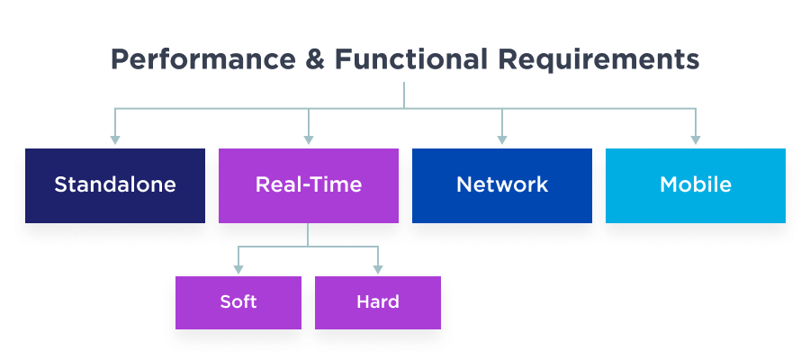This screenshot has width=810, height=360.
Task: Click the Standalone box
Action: pyautogui.click(x=115, y=185)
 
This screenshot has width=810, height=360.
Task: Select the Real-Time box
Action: pyautogui.click(x=309, y=185)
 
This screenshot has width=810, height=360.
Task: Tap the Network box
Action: pyautogui.click(x=502, y=185)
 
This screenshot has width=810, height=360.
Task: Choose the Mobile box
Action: pyautogui.click(x=696, y=185)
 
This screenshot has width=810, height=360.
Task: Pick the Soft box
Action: pyautogui.click(x=238, y=302)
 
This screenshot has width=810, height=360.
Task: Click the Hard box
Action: pyautogui.click(x=378, y=302)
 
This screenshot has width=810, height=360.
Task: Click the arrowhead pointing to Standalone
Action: pyautogui.click(x=115, y=139)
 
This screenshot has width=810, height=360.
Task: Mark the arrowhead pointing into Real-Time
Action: pyautogui.click(x=309, y=139)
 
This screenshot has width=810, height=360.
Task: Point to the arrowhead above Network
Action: pyautogui.click(x=502, y=139)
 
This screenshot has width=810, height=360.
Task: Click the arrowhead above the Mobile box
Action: pyautogui.click(x=696, y=139)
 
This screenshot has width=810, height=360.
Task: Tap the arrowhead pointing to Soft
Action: pyautogui.click(x=238, y=268)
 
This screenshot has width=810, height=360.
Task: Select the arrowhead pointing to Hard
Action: pyautogui.click(x=378, y=268)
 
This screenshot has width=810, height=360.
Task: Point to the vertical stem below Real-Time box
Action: pyautogui.click(x=309, y=234)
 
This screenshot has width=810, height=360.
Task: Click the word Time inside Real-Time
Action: pyautogui.click(x=340, y=185)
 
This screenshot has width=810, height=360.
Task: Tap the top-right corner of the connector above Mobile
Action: pyautogui.click(x=696, y=110)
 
